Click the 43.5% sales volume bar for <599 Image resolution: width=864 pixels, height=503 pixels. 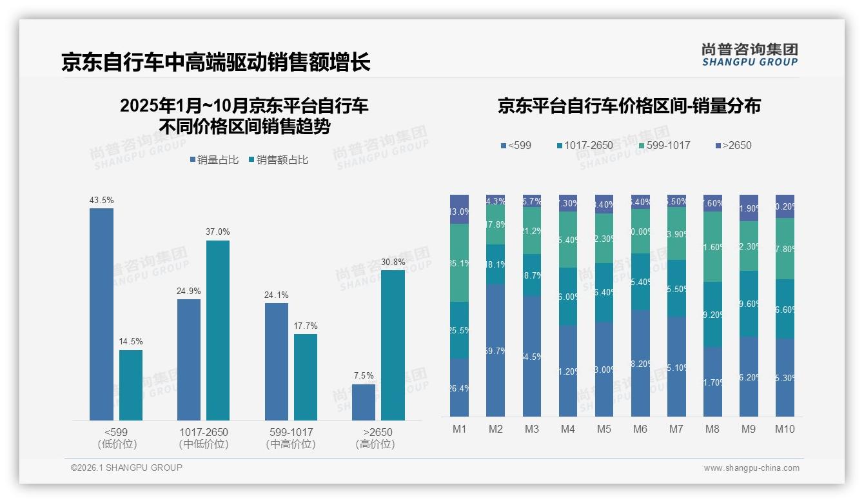[101, 314]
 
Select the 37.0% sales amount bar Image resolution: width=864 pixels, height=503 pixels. [218, 330]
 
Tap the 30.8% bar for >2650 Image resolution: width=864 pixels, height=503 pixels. [393, 345]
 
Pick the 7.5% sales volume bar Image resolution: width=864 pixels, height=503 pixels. [364, 402]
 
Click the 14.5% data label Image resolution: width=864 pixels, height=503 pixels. [131, 341]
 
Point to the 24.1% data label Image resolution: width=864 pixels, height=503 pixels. [276, 295]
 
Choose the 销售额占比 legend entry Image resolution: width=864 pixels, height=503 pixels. [278, 159]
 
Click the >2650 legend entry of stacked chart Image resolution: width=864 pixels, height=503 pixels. [733, 145]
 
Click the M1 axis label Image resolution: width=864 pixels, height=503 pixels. [459, 429]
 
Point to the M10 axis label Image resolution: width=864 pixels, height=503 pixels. [785, 429]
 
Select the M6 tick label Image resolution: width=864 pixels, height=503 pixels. [640, 429]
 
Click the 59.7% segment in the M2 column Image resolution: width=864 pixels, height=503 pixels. [496, 350]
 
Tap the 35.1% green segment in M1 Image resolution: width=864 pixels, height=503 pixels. [459, 262]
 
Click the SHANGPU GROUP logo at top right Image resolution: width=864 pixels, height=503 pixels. [750, 55]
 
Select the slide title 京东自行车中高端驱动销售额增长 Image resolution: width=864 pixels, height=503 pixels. [216, 63]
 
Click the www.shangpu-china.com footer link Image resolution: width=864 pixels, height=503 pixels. [751, 468]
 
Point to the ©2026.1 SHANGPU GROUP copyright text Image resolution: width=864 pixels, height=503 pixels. [126, 468]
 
